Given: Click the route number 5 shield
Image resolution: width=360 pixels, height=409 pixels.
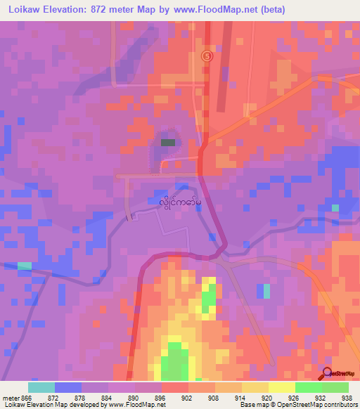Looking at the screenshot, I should tap(207, 56).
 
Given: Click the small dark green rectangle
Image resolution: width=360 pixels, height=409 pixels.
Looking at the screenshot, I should tap(168, 142).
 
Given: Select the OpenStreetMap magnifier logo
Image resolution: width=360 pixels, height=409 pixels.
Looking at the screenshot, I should tap(326, 374).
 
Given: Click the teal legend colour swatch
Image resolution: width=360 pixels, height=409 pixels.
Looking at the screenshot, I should tap(41, 387).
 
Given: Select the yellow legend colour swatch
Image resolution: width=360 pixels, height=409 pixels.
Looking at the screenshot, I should tap(281, 387).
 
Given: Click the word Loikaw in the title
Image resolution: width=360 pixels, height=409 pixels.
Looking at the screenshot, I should tap(22, 9).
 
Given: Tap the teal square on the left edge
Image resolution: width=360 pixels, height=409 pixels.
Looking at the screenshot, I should tap(25, 266).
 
